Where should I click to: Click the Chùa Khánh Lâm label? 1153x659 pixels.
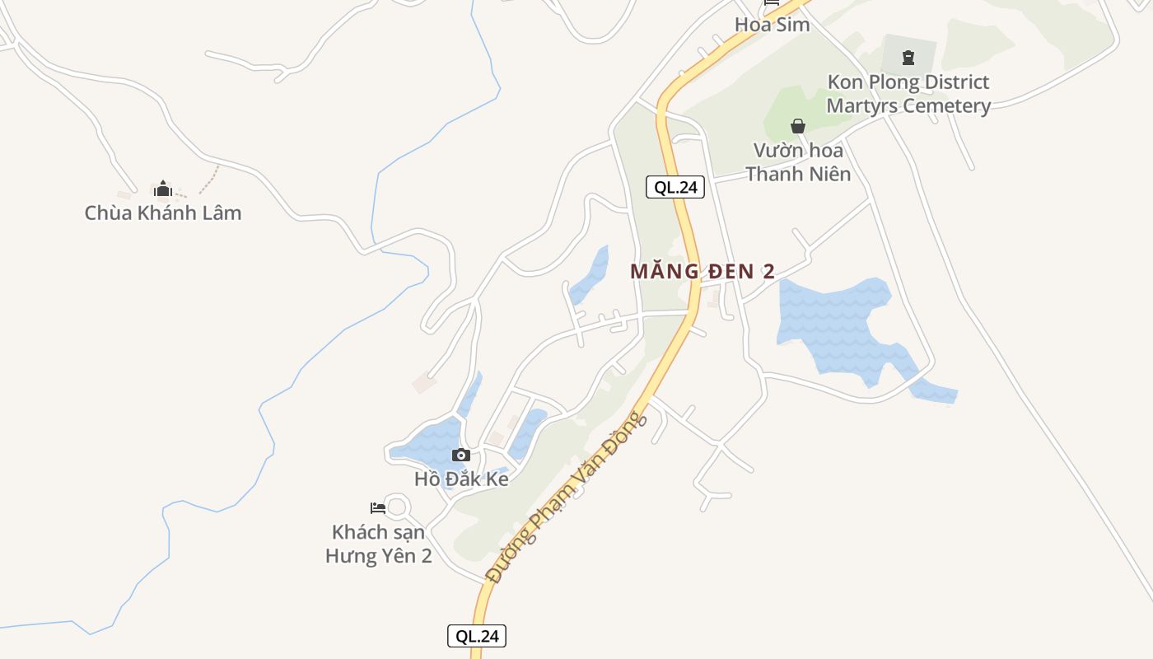pyautogui.click(x=163, y=213)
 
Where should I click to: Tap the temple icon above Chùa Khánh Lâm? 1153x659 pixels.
pyautogui.click(x=162, y=189)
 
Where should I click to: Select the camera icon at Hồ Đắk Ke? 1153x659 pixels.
pyautogui.click(x=461, y=455)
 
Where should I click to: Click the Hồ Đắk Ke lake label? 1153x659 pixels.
pyautogui.click(x=461, y=479)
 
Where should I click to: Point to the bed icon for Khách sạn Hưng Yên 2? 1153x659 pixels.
pyautogui.click(x=378, y=507)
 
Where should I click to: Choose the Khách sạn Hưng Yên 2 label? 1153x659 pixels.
pyautogui.click(x=379, y=544)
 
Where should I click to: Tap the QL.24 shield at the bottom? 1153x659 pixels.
pyautogui.click(x=477, y=636)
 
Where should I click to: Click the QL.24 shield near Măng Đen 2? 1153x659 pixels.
pyautogui.click(x=675, y=187)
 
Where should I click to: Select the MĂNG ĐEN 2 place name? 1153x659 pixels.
pyautogui.click(x=703, y=271)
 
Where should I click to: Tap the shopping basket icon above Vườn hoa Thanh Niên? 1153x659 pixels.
pyautogui.click(x=797, y=126)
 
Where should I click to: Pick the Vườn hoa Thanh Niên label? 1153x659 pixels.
pyautogui.click(x=798, y=162)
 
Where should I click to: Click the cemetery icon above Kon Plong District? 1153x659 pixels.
pyautogui.click(x=908, y=58)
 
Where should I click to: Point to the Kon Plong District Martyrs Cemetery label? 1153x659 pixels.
pyautogui.click(x=908, y=94)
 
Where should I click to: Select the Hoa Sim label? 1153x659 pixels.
pyautogui.click(x=772, y=25)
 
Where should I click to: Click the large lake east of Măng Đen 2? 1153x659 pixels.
pyautogui.click(x=832, y=325)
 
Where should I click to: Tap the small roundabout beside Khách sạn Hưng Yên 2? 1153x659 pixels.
pyautogui.click(x=397, y=507)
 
